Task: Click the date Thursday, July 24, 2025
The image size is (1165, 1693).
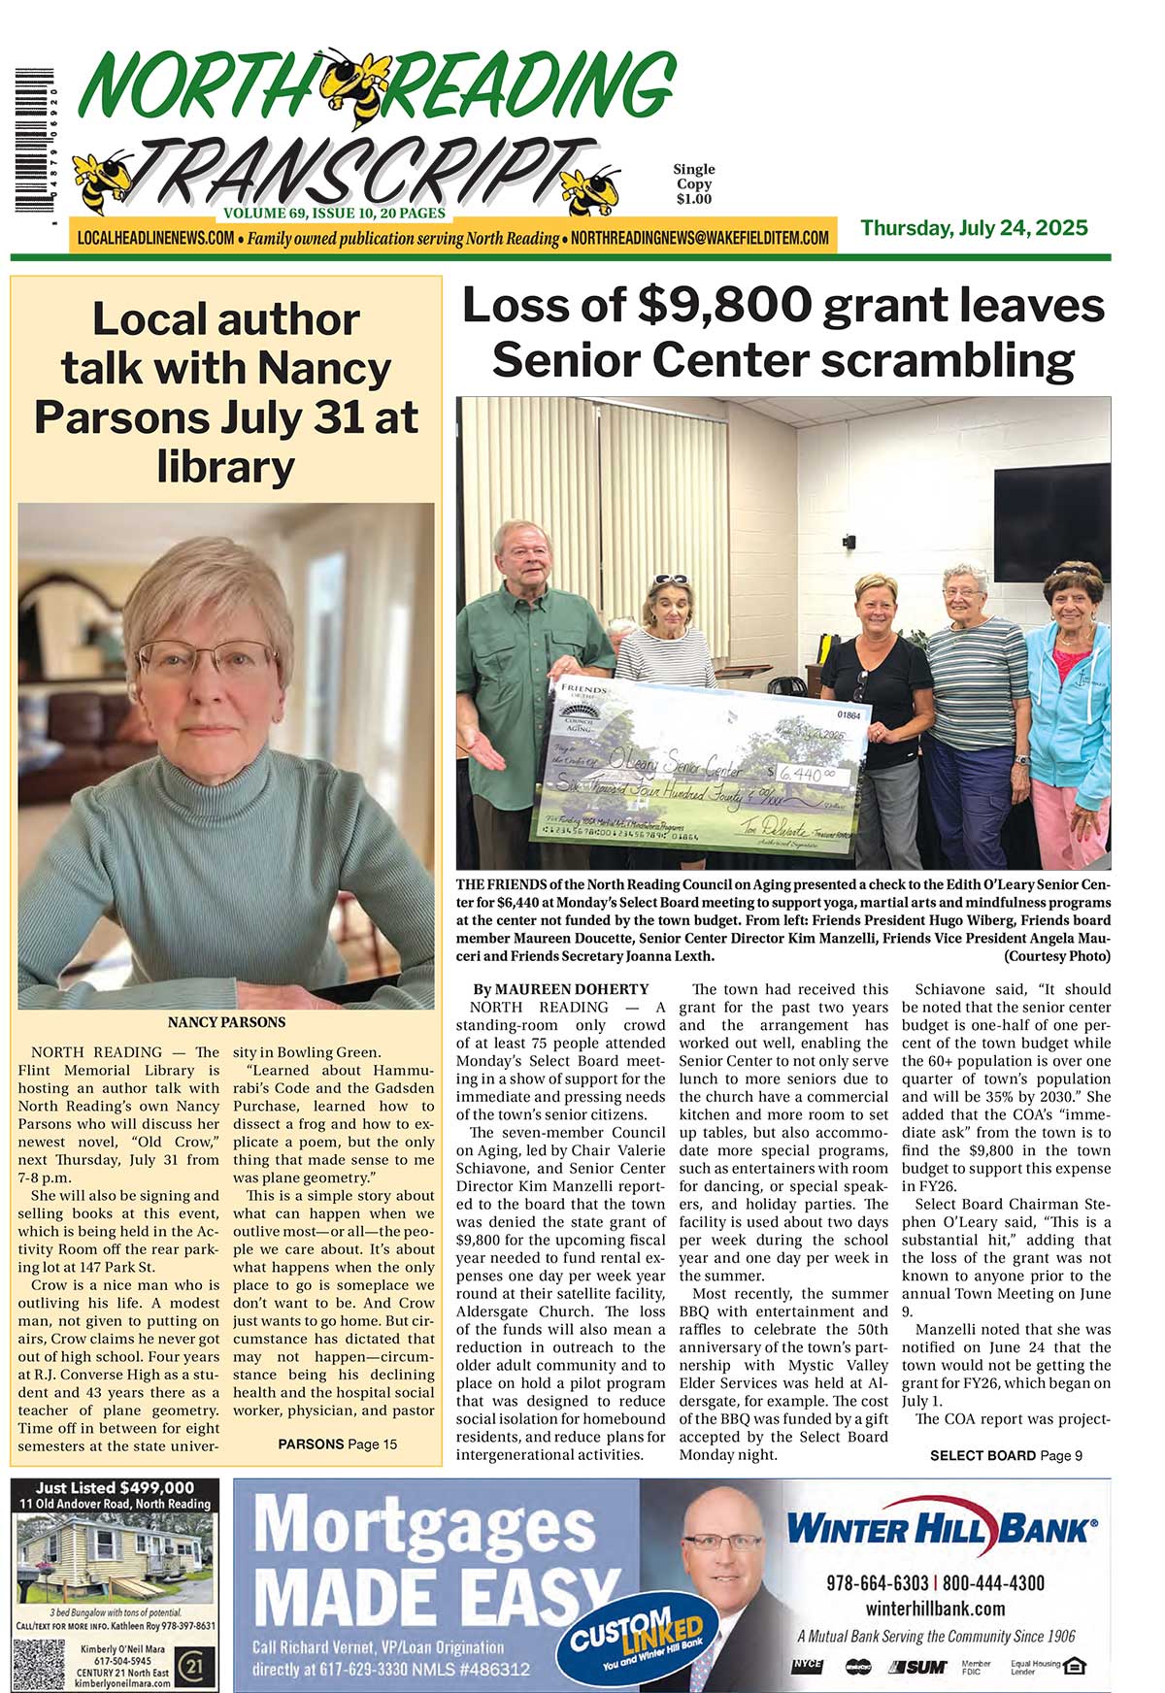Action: pos(974,229)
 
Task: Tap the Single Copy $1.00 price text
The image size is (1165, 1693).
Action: pos(694,184)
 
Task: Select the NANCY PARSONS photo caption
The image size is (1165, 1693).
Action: pos(226,1022)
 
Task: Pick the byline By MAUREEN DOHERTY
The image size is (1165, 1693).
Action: pos(561,989)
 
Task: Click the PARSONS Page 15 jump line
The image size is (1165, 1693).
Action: pos(337,1444)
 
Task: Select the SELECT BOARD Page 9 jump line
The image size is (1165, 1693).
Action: pos(1006,1455)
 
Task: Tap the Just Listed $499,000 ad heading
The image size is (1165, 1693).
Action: pos(115,1487)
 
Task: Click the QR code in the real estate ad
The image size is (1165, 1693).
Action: pos(39,1664)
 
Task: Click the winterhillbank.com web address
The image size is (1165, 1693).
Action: pos(935,1609)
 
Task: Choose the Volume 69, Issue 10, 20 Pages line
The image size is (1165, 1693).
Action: pos(334,213)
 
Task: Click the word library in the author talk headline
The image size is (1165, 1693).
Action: pos(225,467)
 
